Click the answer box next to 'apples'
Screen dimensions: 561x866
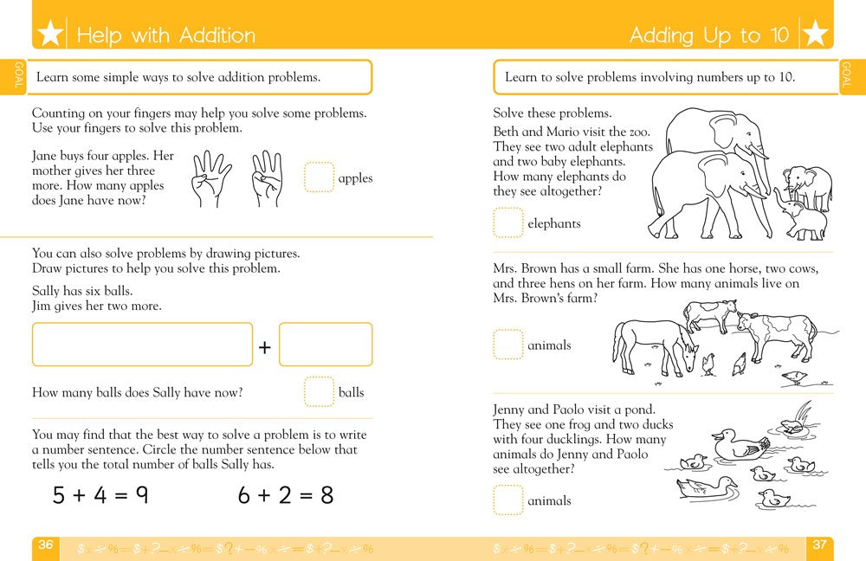pos(319,177)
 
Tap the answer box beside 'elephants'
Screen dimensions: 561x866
pos(507,222)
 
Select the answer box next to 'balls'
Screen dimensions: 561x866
pos(319,391)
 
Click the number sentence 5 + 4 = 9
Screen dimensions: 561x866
pos(100,495)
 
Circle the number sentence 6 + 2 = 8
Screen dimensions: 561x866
pos(286,495)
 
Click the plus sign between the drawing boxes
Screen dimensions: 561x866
pos(265,347)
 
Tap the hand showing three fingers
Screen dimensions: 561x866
pos(268,177)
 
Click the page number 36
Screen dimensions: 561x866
pos(46,545)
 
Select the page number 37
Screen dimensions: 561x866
pos(819,545)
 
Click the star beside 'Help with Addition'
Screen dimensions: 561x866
pos(51,35)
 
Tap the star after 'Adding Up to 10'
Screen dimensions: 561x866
pos(814,35)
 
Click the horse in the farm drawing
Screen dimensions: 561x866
pos(654,345)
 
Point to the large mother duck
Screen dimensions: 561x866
pos(741,443)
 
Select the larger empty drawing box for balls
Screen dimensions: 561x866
pos(142,345)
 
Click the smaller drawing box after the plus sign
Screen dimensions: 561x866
pos(326,345)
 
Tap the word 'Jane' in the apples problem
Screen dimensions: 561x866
pos(45,156)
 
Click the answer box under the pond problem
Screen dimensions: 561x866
pos(507,500)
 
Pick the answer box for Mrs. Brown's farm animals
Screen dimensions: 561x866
pos(507,345)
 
